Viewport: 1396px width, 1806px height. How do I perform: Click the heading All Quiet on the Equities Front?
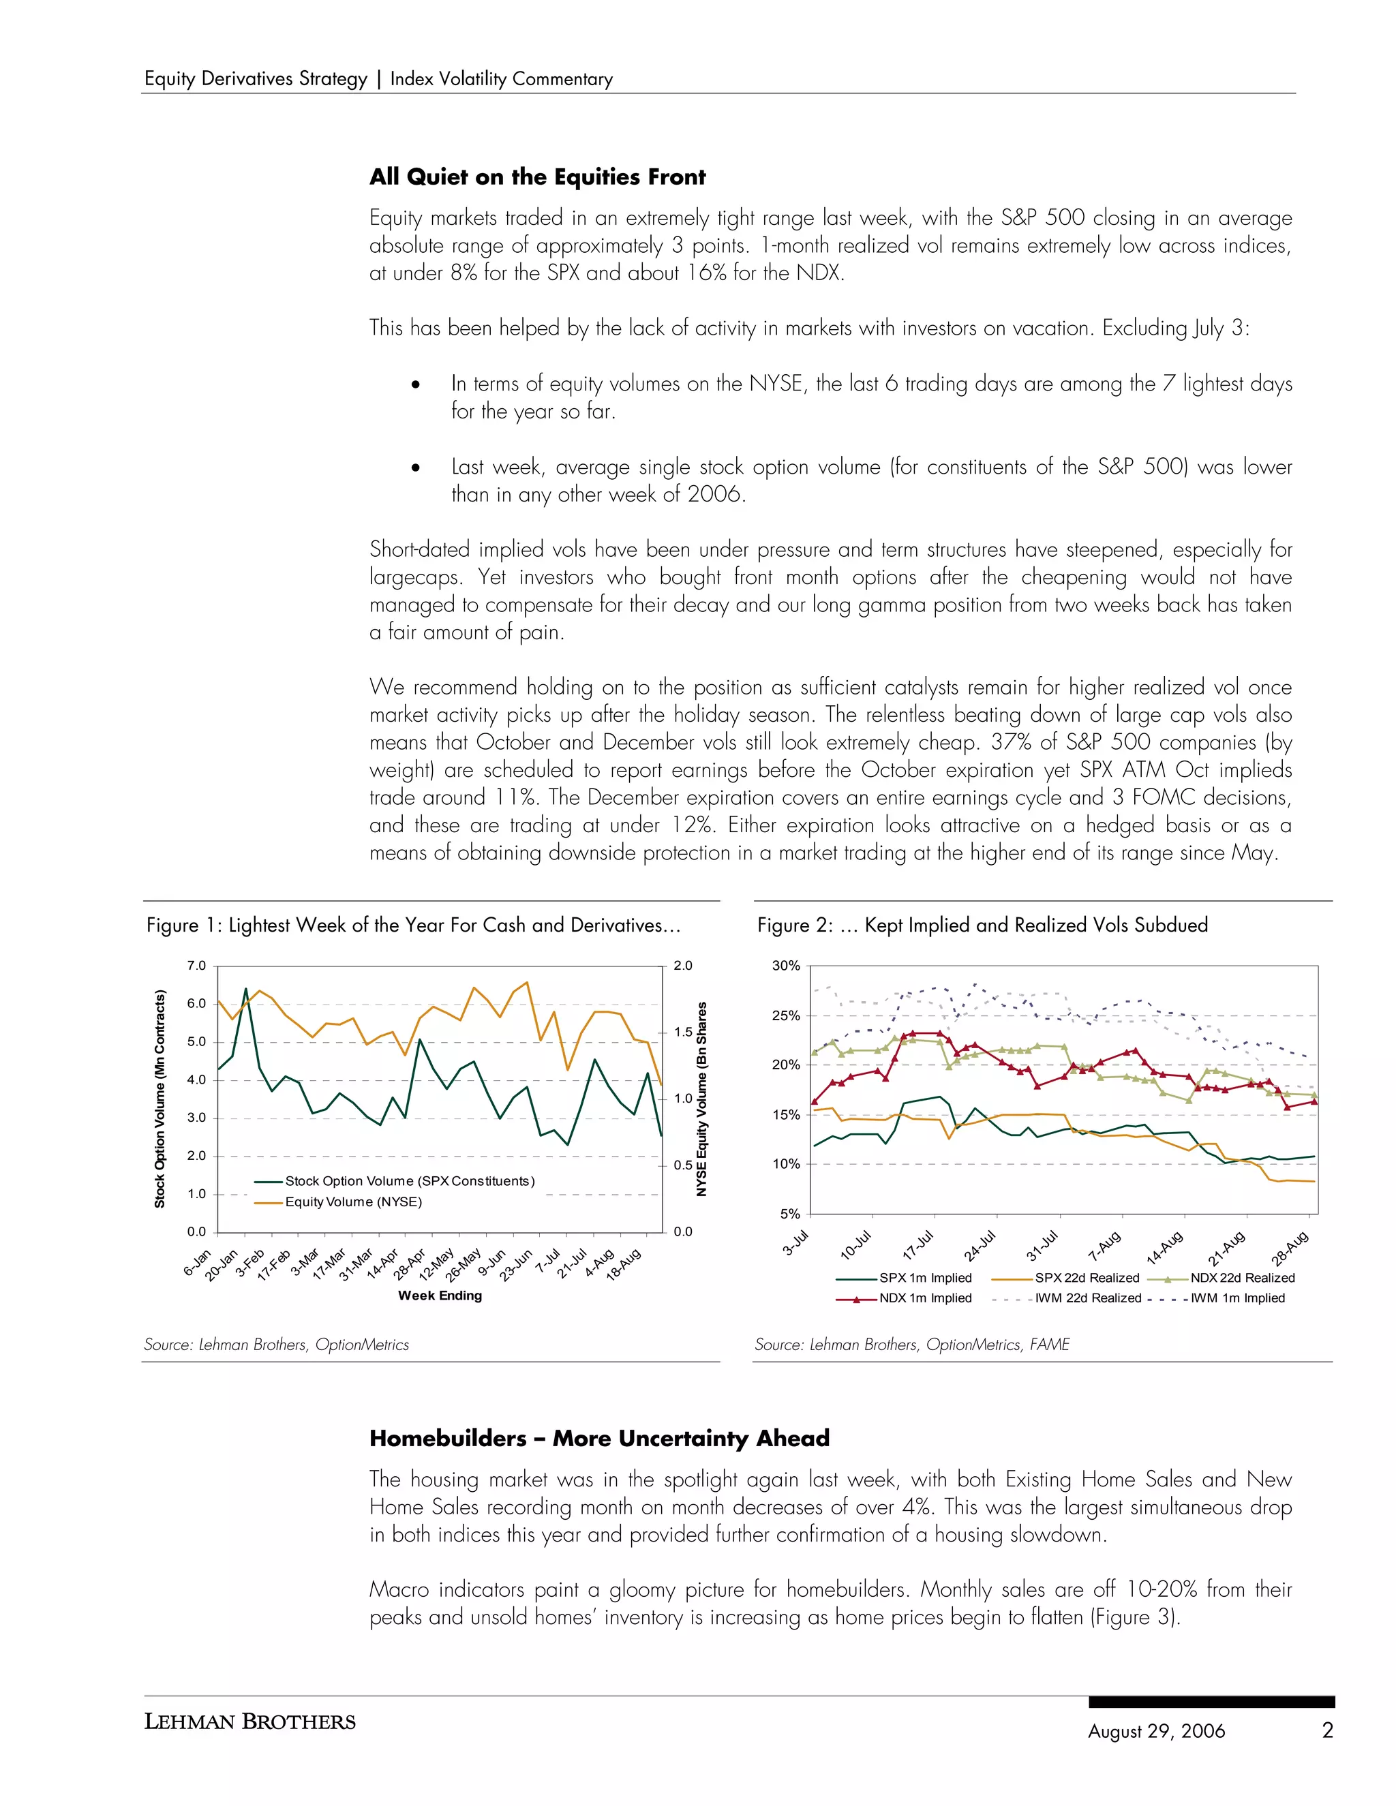(x=538, y=177)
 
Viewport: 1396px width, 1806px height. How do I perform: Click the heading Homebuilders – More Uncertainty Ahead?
(x=598, y=1438)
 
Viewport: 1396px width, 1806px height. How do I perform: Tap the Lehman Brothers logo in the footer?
(x=249, y=1721)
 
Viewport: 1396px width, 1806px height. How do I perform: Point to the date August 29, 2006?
(x=1156, y=1731)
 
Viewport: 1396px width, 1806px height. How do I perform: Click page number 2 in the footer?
(x=1327, y=1730)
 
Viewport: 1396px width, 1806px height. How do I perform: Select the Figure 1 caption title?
(x=414, y=925)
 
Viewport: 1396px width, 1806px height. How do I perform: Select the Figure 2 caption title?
(x=982, y=925)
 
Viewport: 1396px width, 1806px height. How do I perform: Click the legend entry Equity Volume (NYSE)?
(x=353, y=1202)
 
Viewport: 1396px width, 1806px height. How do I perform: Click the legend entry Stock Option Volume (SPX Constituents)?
(x=410, y=1181)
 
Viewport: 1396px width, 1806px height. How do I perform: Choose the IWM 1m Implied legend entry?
(x=1237, y=1298)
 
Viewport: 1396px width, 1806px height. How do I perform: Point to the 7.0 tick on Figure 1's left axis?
(x=196, y=966)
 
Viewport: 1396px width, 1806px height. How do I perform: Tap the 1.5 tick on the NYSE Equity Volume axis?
(x=683, y=1032)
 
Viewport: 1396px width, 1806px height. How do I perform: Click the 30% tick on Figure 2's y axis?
(x=786, y=966)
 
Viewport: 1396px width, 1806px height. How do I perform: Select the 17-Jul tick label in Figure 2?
(x=918, y=1244)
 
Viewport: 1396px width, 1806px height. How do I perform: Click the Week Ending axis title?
(x=440, y=1296)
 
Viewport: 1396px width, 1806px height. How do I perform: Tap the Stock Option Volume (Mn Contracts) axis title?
(x=160, y=1099)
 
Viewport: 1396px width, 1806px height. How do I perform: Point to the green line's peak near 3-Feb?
(x=245, y=989)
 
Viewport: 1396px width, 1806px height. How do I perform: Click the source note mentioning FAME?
(x=912, y=1345)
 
